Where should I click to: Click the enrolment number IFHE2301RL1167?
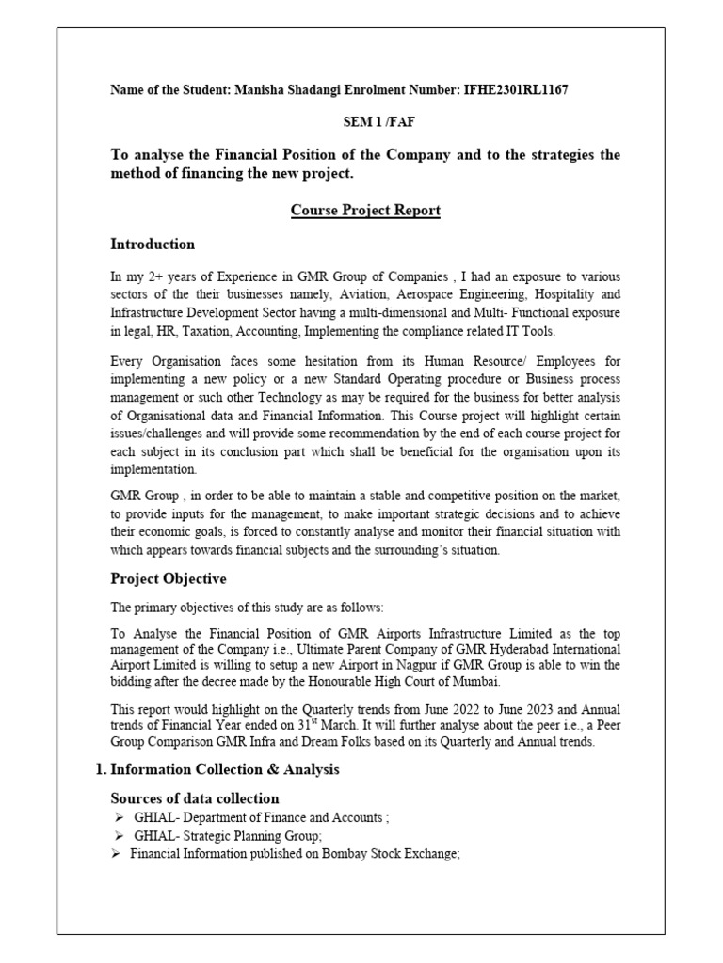pyautogui.click(x=515, y=90)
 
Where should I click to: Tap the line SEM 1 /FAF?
pyautogui.click(x=365, y=122)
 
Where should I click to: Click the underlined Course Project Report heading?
pyautogui.click(x=365, y=211)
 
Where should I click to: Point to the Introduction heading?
pyautogui.click(x=153, y=245)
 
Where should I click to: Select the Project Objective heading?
pyautogui.click(x=169, y=578)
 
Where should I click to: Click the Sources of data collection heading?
pyautogui.click(x=195, y=798)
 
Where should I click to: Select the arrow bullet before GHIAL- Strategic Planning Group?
pyautogui.click(x=120, y=836)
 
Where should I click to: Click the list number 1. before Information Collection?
pyautogui.click(x=101, y=769)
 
